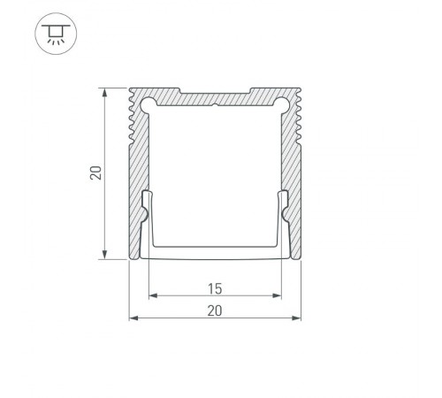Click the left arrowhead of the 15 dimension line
151,295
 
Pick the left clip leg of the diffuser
147,217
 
